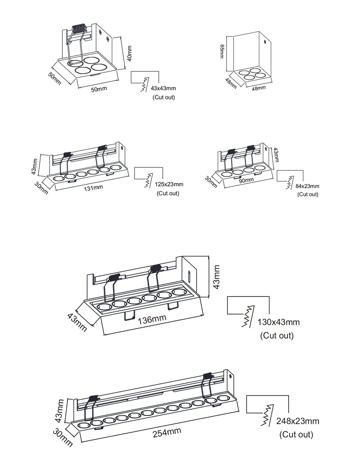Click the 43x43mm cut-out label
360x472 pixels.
point(163,89)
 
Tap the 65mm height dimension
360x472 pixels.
point(222,51)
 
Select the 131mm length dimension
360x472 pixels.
point(93,188)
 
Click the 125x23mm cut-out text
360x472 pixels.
point(169,184)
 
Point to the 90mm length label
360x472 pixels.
point(246,180)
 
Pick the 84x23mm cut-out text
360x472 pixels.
point(307,186)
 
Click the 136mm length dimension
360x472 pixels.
point(152,319)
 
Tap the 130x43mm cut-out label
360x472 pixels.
point(278,322)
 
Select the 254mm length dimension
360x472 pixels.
point(167,433)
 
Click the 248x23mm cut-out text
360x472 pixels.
point(298,421)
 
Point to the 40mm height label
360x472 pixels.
point(129,53)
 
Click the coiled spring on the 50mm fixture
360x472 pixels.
point(79,29)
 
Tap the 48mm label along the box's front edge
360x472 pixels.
point(258,88)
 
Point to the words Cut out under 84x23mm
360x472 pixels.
point(308,194)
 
